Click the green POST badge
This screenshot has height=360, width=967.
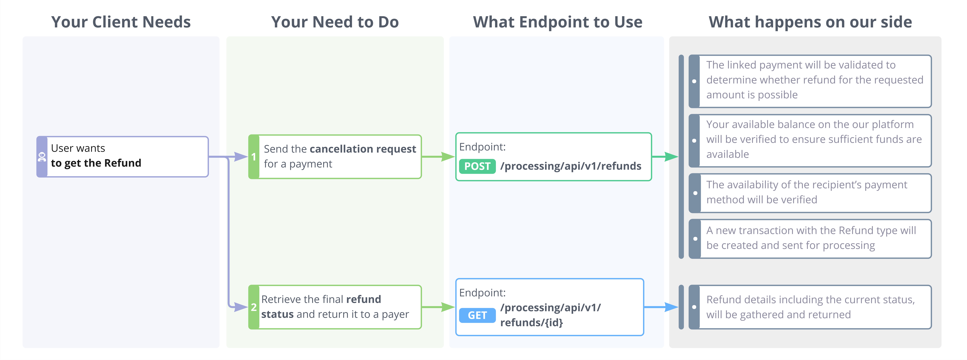pos(477,166)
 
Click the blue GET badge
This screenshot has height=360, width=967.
pos(477,315)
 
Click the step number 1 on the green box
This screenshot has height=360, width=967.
pos(254,157)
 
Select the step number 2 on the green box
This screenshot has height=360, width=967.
pos(254,307)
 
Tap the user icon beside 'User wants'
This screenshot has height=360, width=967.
pos(42,157)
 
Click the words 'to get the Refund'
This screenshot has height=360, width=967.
pos(96,163)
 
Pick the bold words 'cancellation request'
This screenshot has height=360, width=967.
pos(363,149)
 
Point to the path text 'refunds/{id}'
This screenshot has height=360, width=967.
pos(532,322)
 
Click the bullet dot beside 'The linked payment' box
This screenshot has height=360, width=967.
pos(694,81)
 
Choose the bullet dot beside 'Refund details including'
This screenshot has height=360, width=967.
pos(694,307)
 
